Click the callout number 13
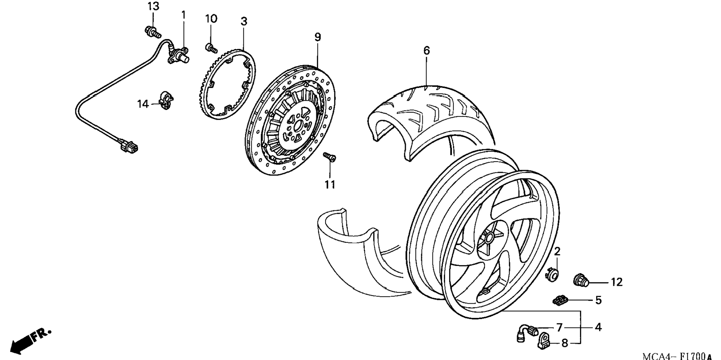153,6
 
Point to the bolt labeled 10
211,48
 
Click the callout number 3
243,22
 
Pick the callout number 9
317,37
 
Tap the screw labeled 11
330,157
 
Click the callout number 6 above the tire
426,50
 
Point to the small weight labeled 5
560,300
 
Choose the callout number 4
598,327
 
